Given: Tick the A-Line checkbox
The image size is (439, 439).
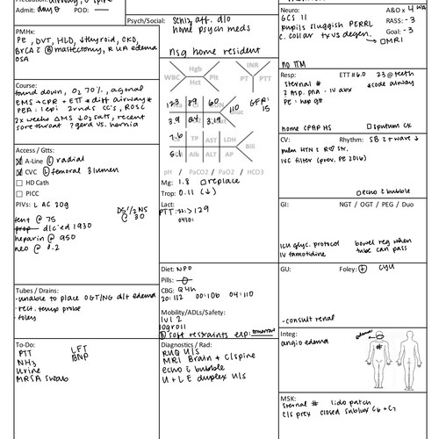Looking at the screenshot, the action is [x=20, y=161].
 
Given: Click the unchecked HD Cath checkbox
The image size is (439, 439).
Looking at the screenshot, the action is [x=20, y=182].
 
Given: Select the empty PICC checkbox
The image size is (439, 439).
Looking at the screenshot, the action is [x=20, y=193].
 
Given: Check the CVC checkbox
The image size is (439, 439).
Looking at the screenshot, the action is [x=20, y=171].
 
